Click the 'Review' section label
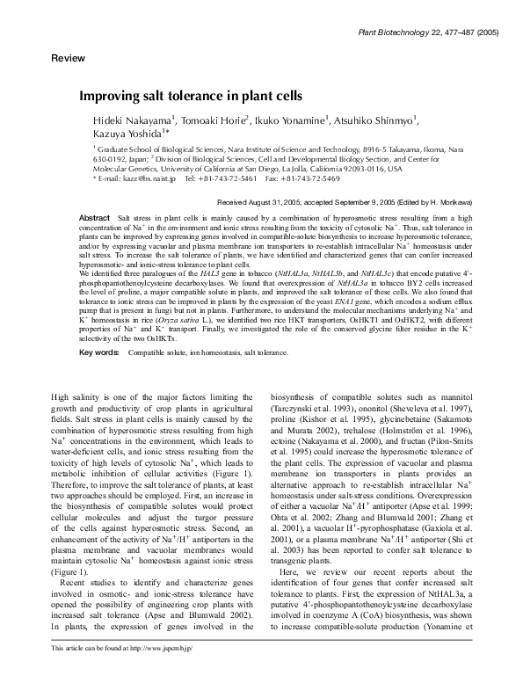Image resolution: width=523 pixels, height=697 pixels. [69, 57]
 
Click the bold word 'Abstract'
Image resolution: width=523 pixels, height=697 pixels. [94, 216]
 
